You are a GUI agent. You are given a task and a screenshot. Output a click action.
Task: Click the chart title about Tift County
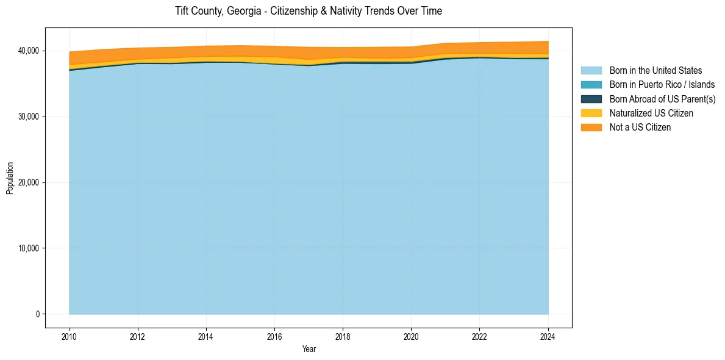tap(309, 11)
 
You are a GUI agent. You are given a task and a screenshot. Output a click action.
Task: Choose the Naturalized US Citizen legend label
tap(651, 113)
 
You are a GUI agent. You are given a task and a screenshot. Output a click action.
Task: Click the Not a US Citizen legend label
tap(640, 127)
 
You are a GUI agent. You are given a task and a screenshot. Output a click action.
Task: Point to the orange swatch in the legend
tap(591, 127)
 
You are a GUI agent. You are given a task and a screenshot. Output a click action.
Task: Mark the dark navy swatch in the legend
tap(591, 99)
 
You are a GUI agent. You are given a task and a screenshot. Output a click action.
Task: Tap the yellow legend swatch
tap(591, 113)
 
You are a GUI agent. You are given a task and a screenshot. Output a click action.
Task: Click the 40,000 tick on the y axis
tap(29, 51)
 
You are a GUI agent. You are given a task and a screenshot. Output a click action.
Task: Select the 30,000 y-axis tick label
tap(29, 117)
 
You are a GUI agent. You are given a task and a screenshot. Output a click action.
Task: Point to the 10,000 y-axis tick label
tap(29, 248)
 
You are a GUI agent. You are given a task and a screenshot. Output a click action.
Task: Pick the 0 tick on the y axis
tap(37, 314)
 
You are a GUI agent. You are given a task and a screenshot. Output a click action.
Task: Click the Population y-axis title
tap(10, 178)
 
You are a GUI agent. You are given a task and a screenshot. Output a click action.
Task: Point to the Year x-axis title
tap(309, 349)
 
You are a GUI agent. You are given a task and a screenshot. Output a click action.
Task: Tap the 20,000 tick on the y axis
tap(29, 182)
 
